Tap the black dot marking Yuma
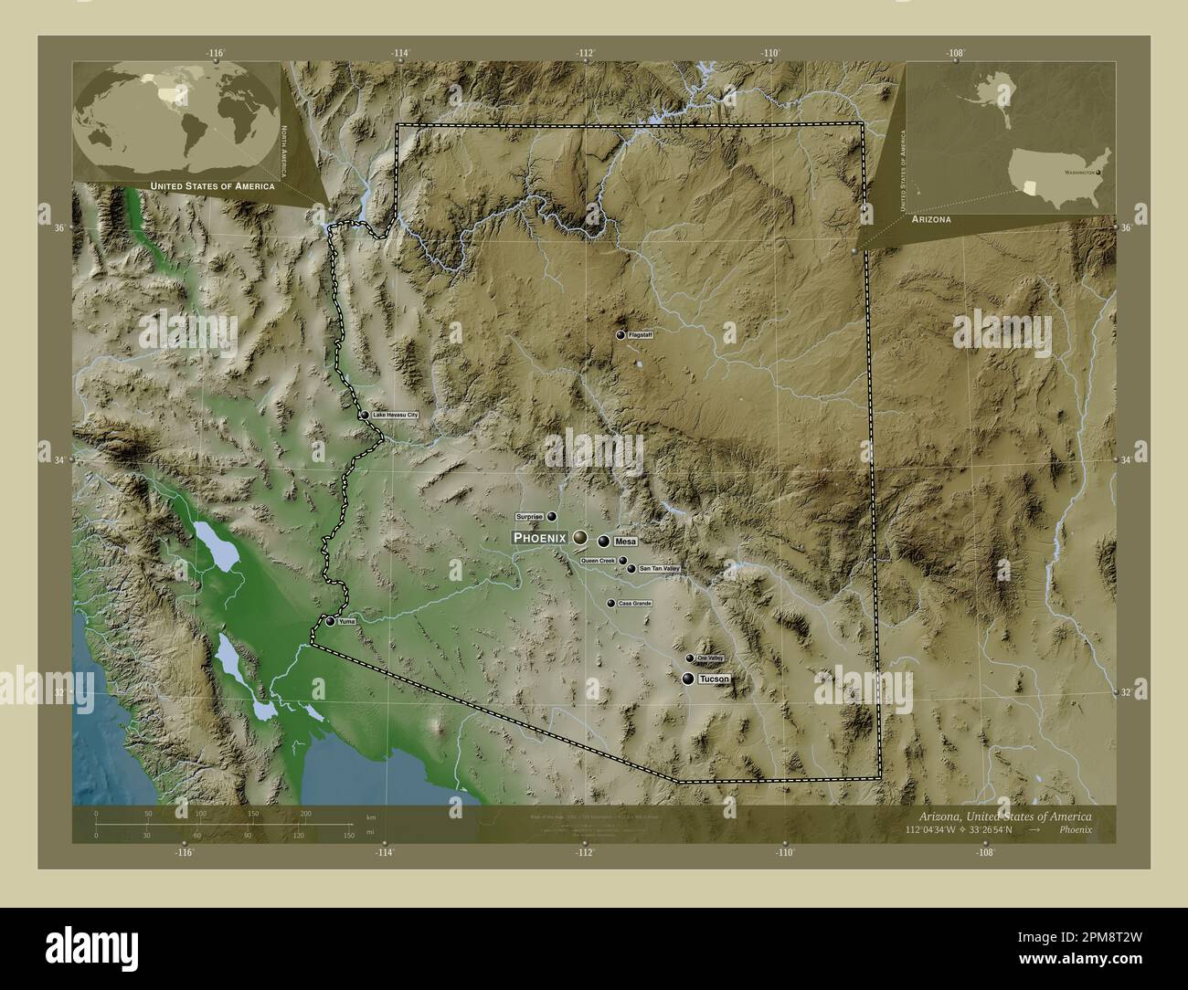330,621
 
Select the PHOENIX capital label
539,538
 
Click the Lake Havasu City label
395,416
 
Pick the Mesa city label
626,542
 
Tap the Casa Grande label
634,604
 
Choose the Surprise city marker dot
552,516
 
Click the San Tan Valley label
660,569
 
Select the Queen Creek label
598,561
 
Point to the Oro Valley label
710,658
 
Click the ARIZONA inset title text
931,220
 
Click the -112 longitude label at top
585,53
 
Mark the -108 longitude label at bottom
984,852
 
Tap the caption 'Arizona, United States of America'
1001,814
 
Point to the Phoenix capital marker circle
580,538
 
